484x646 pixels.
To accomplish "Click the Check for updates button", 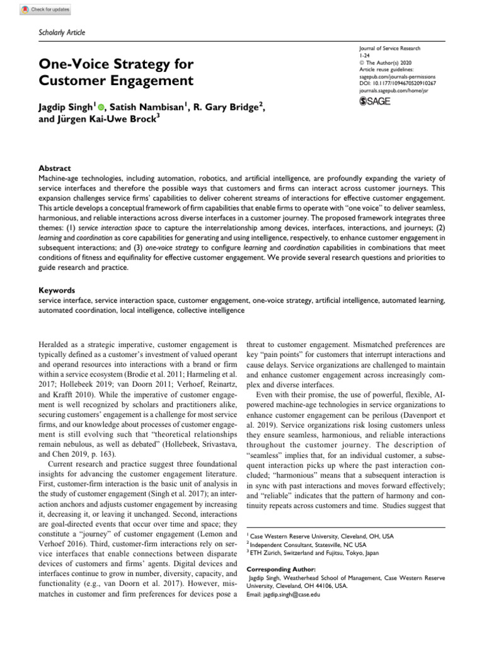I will (45, 10).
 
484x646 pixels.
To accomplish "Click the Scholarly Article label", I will (62, 33).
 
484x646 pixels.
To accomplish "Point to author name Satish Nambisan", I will (150, 109).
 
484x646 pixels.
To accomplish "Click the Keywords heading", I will (57, 290).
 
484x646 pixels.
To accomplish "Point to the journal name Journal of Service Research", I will (389, 49).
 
